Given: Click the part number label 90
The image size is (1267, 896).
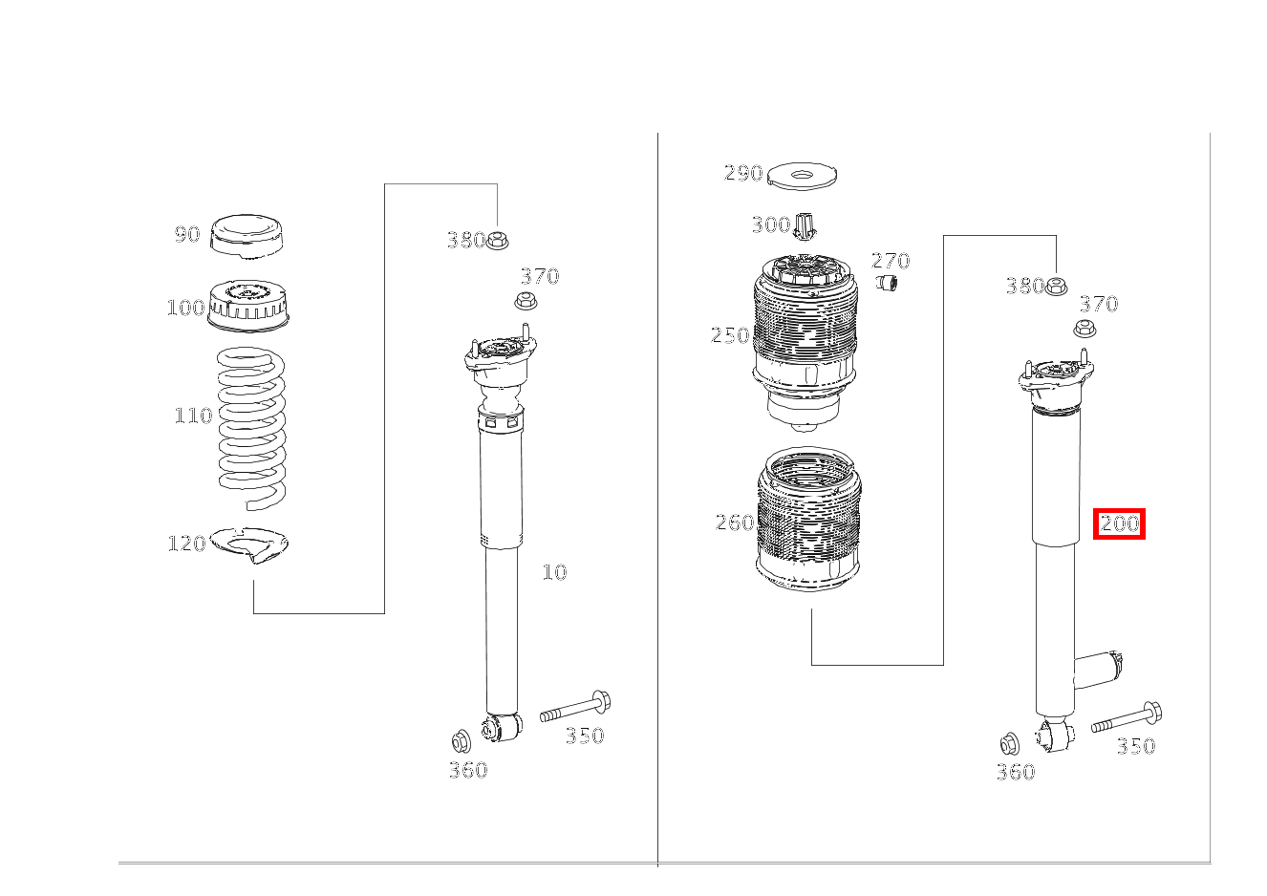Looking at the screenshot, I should [x=186, y=234].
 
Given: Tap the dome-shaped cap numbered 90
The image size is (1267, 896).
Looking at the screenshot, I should [x=246, y=236].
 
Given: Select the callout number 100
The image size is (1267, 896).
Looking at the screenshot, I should [x=185, y=308].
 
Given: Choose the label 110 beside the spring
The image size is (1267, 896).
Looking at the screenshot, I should [x=192, y=416].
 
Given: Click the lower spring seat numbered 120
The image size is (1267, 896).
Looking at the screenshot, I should [x=249, y=544].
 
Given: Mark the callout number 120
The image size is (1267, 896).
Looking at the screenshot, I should [x=186, y=544].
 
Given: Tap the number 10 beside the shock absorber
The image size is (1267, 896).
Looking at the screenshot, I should [x=554, y=572].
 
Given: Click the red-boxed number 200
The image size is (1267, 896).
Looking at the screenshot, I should [x=1119, y=523].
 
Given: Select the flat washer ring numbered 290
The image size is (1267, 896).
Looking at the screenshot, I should [x=802, y=176].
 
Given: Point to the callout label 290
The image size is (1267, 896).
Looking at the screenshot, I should [x=743, y=173].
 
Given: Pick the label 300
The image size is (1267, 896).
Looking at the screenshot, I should [x=770, y=225].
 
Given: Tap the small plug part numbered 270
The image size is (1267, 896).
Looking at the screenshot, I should [x=888, y=283].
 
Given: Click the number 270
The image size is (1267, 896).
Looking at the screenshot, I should [x=891, y=261].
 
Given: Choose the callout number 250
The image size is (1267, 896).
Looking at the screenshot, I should [x=730, y=335].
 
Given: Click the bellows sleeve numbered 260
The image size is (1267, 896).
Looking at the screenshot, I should [x=808, y=521].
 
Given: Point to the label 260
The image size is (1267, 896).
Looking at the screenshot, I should [x=735, y=523].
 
